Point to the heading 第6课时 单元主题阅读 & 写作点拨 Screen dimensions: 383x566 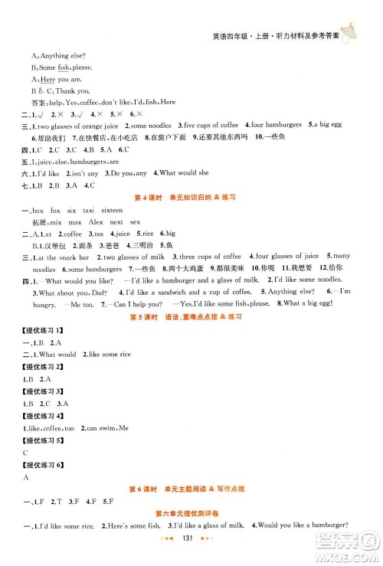tap(191, 489)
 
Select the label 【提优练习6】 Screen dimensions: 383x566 tap(45, 464)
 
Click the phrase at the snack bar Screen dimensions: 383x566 tap(66, 257)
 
